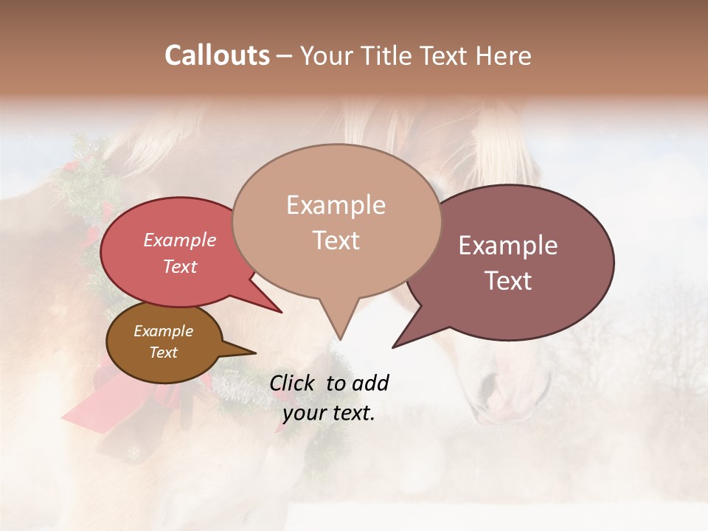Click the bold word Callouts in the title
point(217,55)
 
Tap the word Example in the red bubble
point(179,240)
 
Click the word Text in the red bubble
point(179,266)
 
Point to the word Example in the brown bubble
point(163,331)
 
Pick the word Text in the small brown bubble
point(163,353)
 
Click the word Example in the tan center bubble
point(336,205)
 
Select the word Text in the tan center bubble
point(336,240)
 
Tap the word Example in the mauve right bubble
point(508,246)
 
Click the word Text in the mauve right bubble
point(508,281)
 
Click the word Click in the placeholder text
point(294,383)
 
